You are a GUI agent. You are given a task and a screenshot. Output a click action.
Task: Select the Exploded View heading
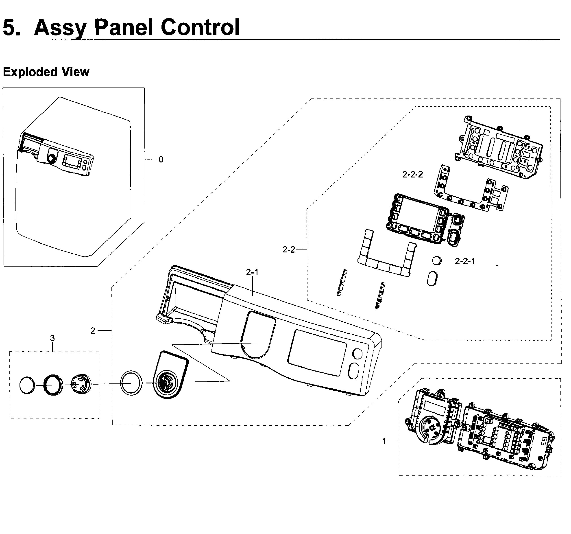point(46,72)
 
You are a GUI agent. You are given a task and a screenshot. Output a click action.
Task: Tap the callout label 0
point(161,160)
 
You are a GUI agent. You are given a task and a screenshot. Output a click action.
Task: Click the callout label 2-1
point(252,272)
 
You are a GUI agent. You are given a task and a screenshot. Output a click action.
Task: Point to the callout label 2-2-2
point(412,175)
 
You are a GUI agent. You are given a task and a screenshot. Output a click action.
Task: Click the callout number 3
point(52,338)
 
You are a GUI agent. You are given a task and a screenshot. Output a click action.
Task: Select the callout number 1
point(384,441)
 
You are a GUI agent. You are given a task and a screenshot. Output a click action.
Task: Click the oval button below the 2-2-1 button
point(432,279)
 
